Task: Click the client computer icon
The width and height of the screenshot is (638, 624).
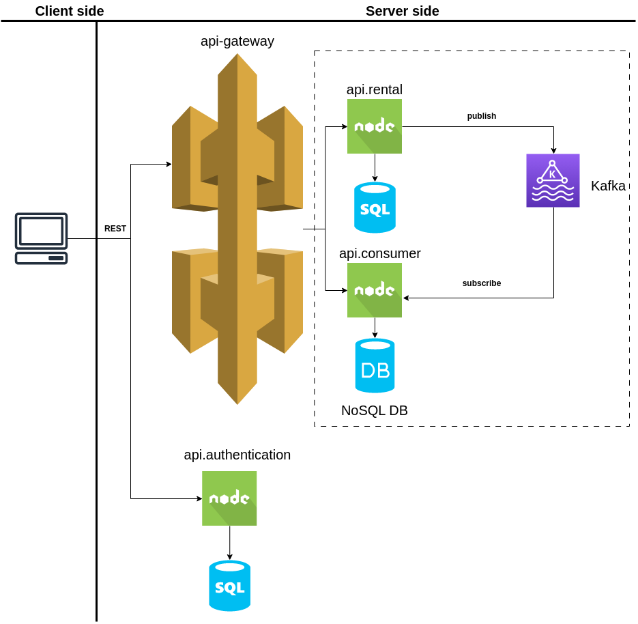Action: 41,238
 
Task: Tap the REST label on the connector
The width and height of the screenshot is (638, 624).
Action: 115,229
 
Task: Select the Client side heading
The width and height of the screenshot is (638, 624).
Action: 70,11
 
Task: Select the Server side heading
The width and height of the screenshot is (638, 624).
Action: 402,11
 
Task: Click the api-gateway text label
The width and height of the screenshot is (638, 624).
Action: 237,41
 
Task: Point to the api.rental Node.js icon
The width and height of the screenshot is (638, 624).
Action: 374,126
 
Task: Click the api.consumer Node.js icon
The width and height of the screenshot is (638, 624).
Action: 374,290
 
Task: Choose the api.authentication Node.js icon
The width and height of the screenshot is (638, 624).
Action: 229,498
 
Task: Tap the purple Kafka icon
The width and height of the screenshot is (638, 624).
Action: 553,180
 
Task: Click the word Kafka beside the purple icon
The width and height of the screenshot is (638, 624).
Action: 608,186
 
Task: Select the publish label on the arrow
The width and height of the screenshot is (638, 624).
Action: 481,116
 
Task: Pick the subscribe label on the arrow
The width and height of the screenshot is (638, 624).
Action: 481,283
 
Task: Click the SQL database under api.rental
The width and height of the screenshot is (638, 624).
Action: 375,208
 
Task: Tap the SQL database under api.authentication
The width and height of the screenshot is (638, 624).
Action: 229,586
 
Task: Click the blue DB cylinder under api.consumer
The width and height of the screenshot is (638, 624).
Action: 375,366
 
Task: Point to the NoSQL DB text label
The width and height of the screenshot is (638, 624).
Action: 374,410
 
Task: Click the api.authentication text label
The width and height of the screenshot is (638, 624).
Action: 237,455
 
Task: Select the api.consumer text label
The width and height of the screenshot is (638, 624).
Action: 379,253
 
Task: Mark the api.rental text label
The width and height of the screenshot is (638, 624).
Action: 374,89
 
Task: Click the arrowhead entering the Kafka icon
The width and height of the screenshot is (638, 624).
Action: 553,150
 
